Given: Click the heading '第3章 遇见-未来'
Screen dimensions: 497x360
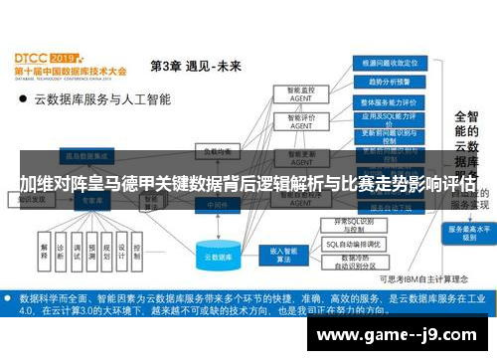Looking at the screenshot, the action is click(x=195, y=66).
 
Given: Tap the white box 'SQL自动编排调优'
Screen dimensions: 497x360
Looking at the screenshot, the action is click(x=354, y=243).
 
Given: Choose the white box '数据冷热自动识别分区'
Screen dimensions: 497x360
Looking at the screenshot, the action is click(x=354, y=262).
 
